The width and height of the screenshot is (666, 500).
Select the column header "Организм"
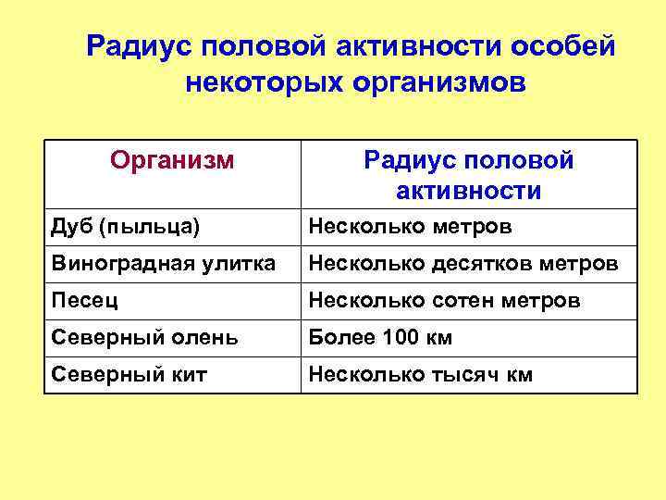(172, 161)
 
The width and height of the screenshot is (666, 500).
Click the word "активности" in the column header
(469, 192)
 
